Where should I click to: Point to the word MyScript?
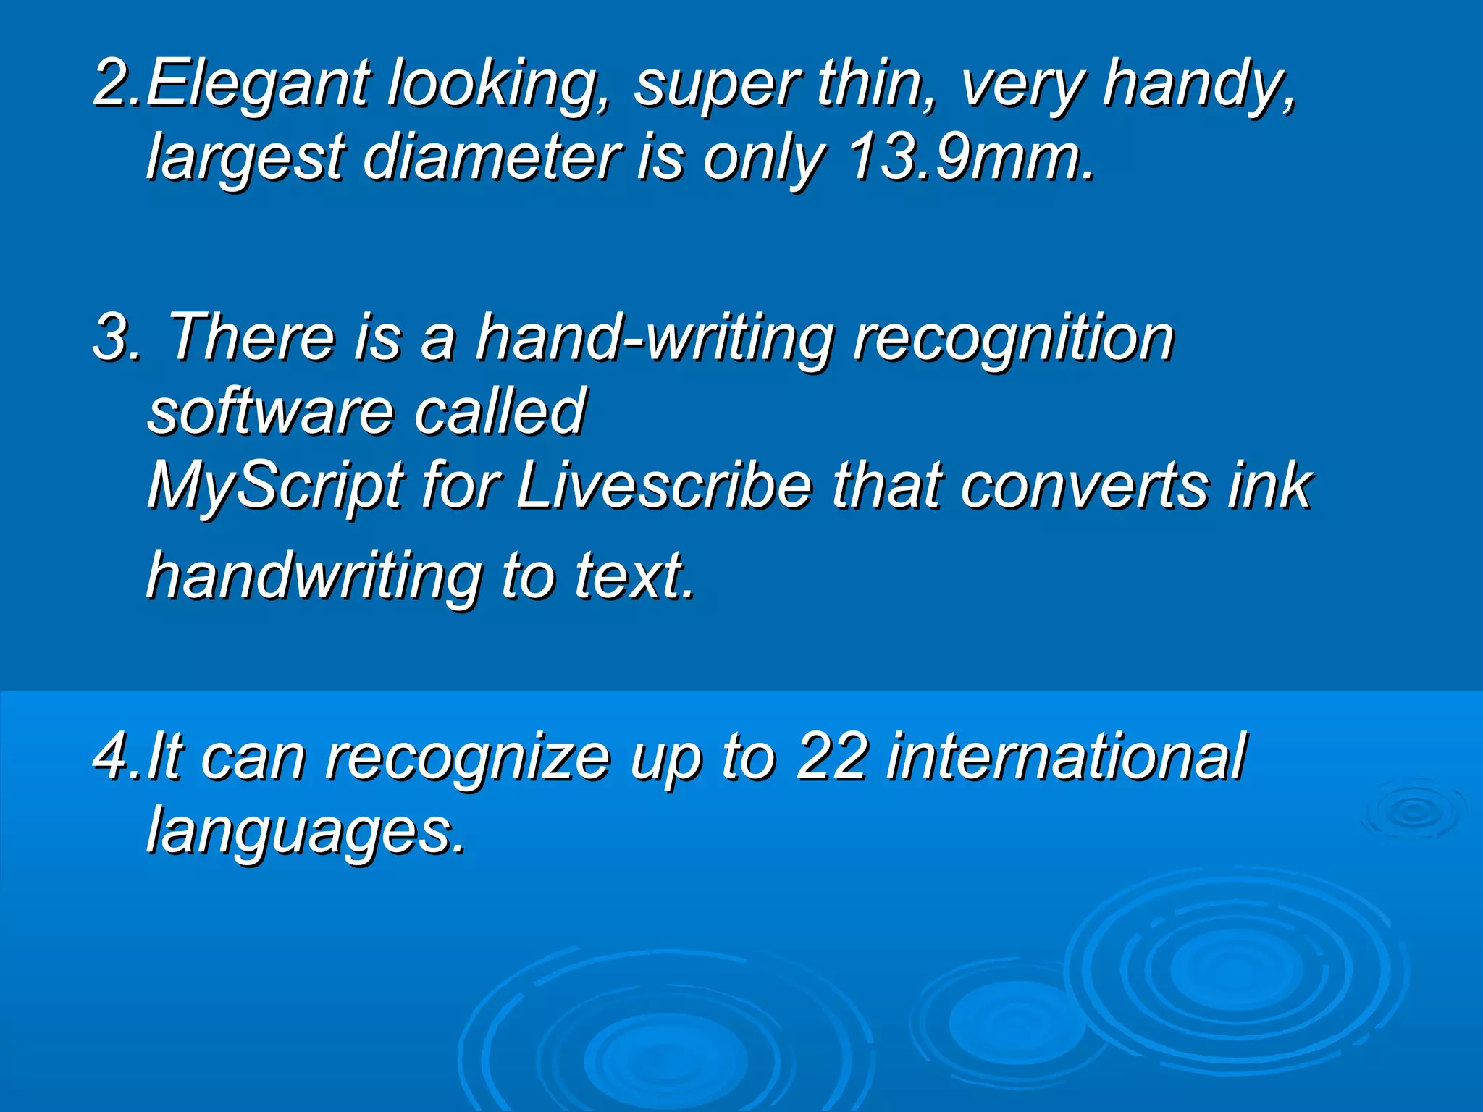tap(274, 486)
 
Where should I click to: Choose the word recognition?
tap(1012, 338)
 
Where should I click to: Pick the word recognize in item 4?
tap(467, 759)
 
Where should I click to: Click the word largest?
tap(245, 159)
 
